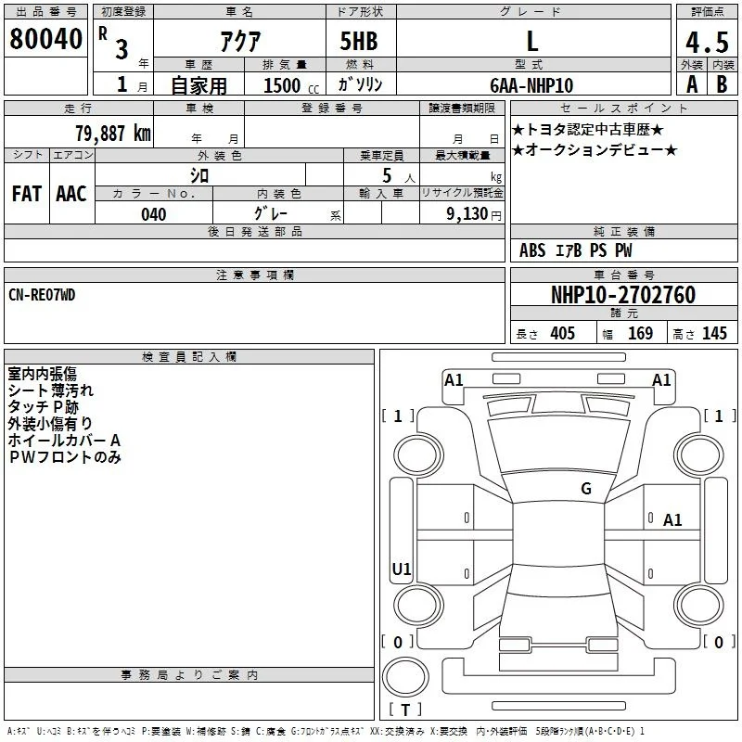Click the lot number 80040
click(x=45, y=39)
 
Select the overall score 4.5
click(x=707, y=42)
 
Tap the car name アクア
click(x=240, y=41)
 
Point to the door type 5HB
click(x=359, y=41)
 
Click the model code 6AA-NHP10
click(x=531, y=85)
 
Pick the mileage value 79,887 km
click(x=113, y=133)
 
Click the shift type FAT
click(x=27, y=194)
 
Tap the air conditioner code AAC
click(x=71, y=194)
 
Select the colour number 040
click(x=154, y=214)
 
